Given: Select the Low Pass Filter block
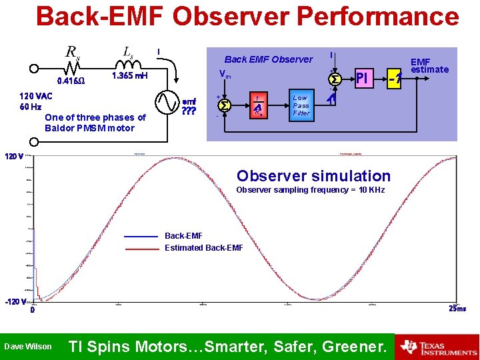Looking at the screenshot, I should tap(301, 105).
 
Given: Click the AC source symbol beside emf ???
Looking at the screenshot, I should tap(167, 102).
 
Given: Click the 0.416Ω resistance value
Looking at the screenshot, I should tap(71, 81).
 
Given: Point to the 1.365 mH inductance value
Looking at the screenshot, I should tap(130, 75).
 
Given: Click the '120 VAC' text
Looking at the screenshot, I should tap(36, 96).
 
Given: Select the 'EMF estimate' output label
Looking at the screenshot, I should tap(429, 65).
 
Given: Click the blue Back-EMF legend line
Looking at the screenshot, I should tap(143, 236).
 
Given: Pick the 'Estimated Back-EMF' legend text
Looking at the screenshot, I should tap(204, 247).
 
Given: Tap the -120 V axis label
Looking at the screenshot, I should tap(13, 301).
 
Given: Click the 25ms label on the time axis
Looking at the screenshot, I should tap(457, 309).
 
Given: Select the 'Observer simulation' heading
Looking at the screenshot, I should tap(313, 176).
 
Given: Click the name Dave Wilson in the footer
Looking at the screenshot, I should tap(27, 347).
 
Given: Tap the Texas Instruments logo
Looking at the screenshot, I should tap(437, 347).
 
